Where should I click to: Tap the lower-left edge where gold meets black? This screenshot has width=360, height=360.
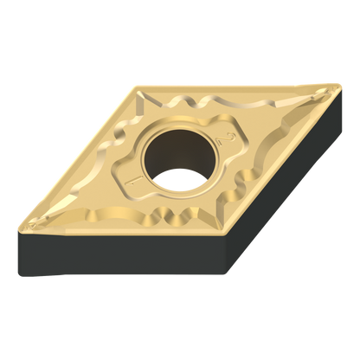point(121,228)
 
